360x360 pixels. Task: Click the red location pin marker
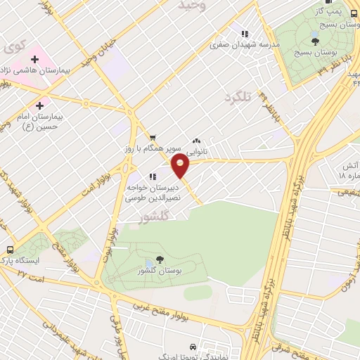tap(181, 167)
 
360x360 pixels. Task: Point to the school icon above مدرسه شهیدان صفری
tap(245, 33)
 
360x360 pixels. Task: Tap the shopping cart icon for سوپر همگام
tap(153, 138)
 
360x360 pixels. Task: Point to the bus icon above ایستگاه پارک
tap(10, 250)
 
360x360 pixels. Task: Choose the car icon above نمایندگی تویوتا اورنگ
tap(192, 347)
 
